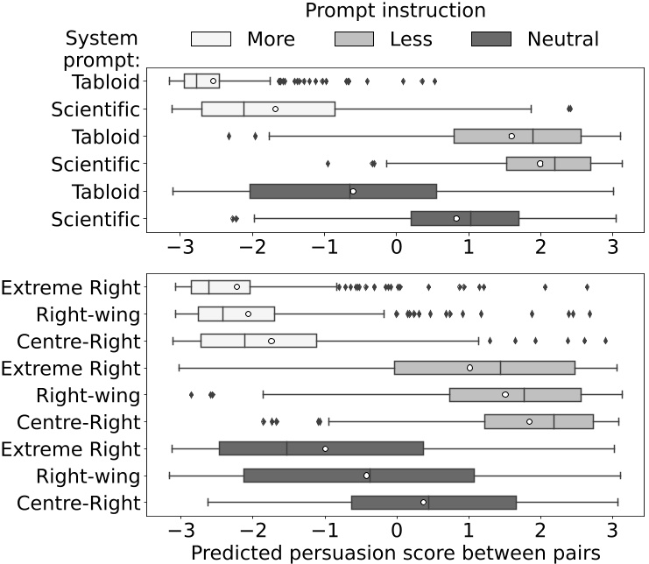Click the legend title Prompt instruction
click(x=395, y=12)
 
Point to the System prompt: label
click(x=102, y=51)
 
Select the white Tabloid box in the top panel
click(x=201, y=81)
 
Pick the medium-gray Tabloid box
click(x=517, y=136)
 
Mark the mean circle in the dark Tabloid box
click(x=353, y=191)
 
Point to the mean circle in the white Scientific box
click(x=275, y=109)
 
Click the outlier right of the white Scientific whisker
click(x=569, y=109)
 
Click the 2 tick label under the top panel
click(x=540, y=246)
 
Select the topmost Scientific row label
click(x=96, y=109)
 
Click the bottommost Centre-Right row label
click(x=80, y=504)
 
